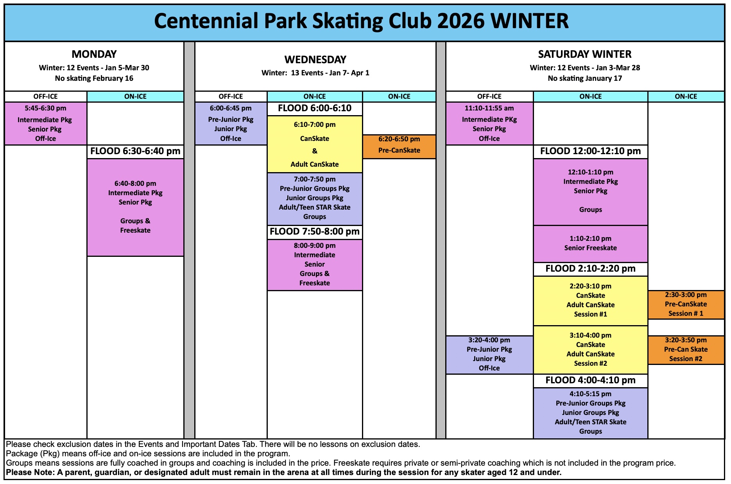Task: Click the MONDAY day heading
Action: point(94,54)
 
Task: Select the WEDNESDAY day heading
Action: point(315,60)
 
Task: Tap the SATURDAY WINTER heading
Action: point(585,54)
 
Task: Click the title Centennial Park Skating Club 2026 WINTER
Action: point(362,21)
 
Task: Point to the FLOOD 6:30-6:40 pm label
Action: point(135,151)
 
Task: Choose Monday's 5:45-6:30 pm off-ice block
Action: point(45,123)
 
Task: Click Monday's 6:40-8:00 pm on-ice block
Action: point(135,207)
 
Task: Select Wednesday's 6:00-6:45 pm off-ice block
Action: point(231,123)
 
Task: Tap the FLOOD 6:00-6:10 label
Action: point(315,108)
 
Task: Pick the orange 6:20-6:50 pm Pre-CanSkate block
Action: point(399,147)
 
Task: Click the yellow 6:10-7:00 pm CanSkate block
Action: point(315,144)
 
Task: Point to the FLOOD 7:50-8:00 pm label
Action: point(315,231)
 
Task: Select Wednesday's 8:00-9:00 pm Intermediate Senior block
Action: point(315,265)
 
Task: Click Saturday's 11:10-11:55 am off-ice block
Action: point(489,123)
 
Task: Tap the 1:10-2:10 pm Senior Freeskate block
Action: point(590,244)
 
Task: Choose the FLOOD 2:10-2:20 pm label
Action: point(590,269)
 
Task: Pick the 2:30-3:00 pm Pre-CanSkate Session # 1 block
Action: point(686,304)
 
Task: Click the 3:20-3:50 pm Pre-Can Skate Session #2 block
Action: point(686,350)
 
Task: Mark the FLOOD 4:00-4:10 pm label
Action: point(590,380)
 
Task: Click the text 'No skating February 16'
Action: point(94,78)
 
